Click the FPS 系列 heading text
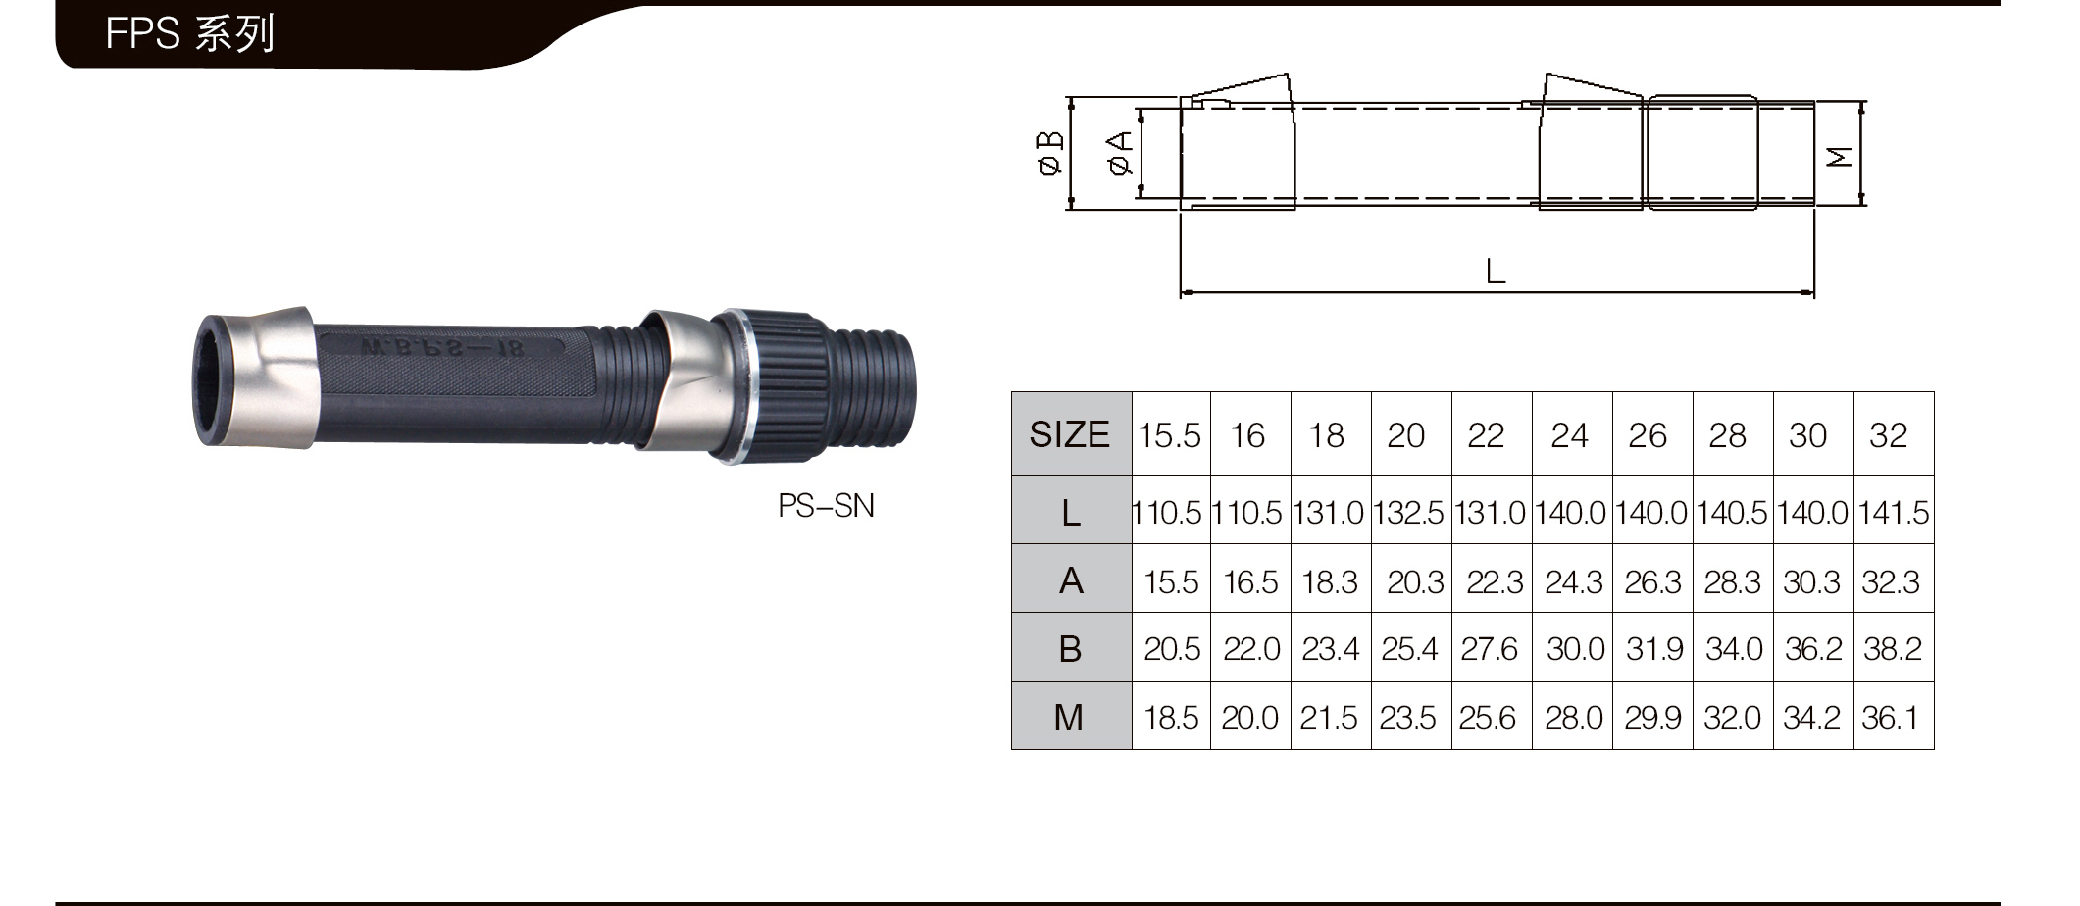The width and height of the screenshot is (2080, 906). (x=190, y=33)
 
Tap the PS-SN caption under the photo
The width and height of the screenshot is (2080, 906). (x=826, y=506)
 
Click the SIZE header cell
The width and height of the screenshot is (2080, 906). (x=1069, y=434)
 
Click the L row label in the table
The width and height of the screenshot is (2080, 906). (x=1071, y=512)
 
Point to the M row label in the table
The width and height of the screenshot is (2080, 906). (x=1069, y=718)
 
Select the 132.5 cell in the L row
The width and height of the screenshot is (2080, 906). (x=1408, y=513)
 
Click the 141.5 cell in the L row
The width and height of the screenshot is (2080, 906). (x=1893, y=513)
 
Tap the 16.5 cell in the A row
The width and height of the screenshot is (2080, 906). (x=1250, y=582)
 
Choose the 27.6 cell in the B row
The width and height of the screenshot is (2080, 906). (x=1489, y=649)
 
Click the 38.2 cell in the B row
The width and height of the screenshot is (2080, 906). (x=1892, y=649)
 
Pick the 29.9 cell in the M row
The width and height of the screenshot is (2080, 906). (x=1652, y=718)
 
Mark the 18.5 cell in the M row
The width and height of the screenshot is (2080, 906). (x=1171, y=718)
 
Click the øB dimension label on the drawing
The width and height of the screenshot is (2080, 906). (x=1049, y=153)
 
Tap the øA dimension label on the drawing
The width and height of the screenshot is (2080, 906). (x=1120, y=153)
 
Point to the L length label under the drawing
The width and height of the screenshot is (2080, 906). (x=1496, y=271)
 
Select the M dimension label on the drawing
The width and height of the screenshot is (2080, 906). (x=1840, y=156)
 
